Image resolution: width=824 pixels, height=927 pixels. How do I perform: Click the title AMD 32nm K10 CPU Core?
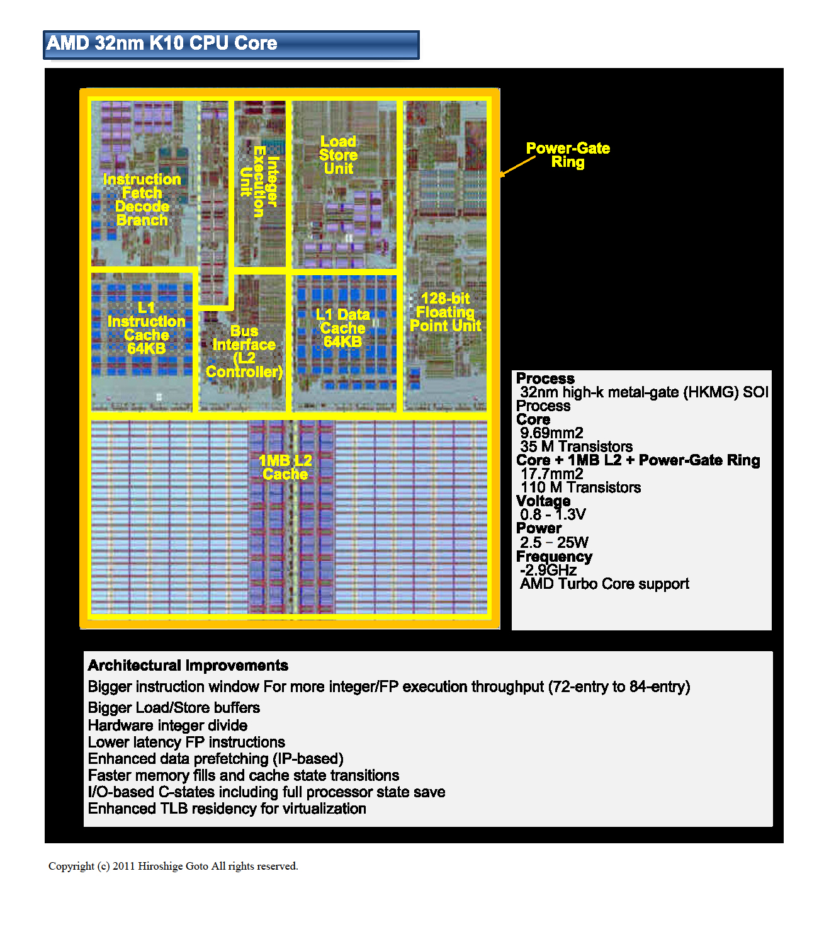[162, 43]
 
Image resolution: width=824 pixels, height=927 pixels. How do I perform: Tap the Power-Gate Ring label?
[568, 155]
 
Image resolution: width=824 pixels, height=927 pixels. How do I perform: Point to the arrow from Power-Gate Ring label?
[518, 166]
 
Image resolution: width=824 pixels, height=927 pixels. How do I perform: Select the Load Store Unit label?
[338, 155]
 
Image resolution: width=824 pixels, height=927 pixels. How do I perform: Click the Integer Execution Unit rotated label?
[259, 181]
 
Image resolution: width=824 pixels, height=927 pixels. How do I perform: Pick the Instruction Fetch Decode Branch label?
[142, 200]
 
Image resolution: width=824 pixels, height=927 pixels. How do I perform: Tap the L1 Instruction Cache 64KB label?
[146, 328]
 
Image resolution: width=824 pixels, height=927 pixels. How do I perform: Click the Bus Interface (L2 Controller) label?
[244, 351]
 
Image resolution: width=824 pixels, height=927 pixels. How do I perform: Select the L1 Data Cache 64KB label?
[342, 328]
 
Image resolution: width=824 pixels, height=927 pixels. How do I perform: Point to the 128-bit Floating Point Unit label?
[445, 312]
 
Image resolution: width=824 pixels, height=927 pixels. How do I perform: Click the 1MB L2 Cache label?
[285, 467]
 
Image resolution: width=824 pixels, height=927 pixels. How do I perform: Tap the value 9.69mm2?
[551, 433]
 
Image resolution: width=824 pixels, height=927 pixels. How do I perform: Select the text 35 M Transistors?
[576, 447]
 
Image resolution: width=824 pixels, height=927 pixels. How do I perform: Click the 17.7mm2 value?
[551, 474]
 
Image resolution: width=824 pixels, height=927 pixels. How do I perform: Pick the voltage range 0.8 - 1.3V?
[553, 515]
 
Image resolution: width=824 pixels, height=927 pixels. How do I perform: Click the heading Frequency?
[554, 557]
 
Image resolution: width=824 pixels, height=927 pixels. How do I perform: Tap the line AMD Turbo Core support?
[604, 584]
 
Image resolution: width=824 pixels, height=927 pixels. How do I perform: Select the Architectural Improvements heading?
[188, 666]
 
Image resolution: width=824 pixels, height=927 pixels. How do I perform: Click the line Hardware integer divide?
[167, 725]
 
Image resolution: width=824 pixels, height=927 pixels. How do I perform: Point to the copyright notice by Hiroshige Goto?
[173, 867]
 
